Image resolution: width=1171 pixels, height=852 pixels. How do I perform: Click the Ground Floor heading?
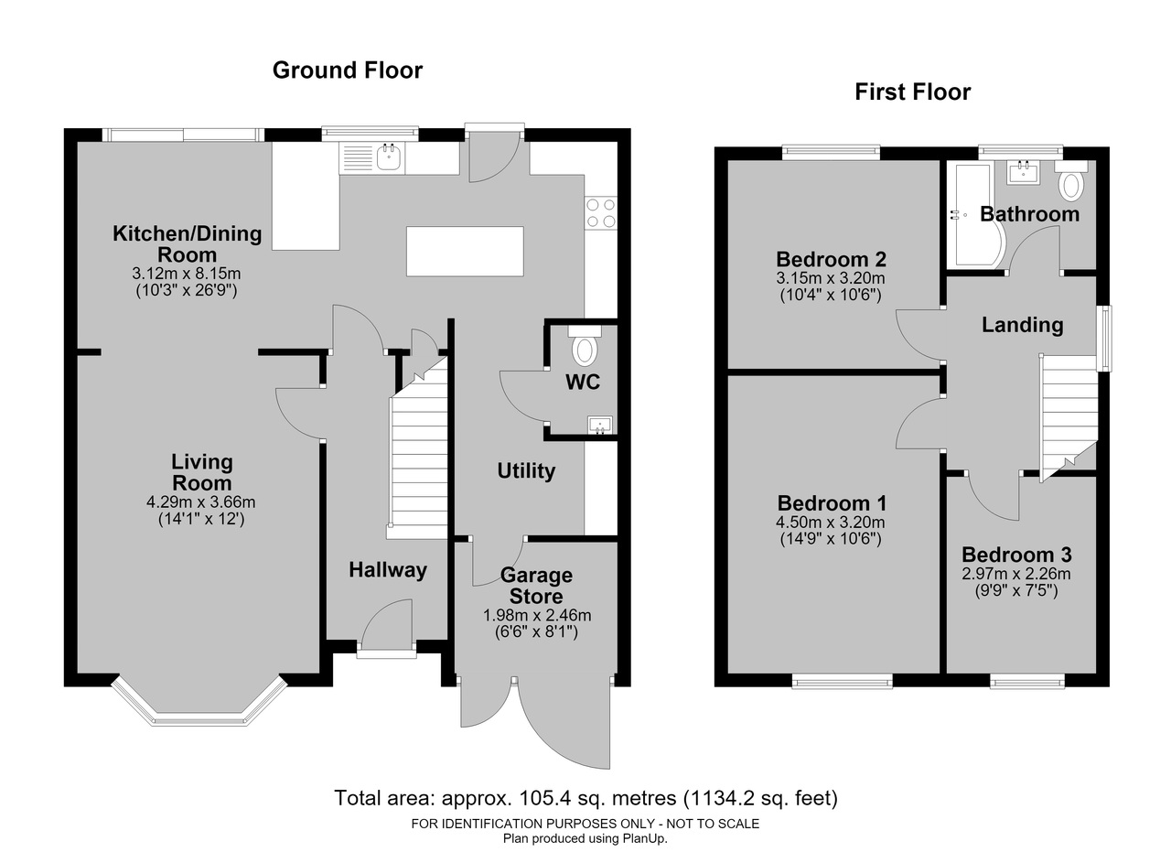point(347,70)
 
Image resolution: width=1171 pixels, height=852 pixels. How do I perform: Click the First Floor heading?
point(912,92)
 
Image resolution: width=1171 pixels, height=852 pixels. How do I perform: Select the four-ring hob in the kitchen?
point(601,213)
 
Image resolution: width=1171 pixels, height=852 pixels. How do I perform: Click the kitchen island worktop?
point(465,251)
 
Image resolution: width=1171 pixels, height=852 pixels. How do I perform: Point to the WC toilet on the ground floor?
point(585,346)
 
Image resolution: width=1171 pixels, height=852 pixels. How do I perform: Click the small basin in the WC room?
point(600,426)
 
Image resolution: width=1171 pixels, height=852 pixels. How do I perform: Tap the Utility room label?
point(526,470)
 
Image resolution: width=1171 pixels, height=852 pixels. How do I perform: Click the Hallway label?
point(387,570)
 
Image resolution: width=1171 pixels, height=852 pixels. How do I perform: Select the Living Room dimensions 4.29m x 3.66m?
point(200,502)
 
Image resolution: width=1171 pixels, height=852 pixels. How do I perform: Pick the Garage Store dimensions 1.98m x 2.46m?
point(537,616)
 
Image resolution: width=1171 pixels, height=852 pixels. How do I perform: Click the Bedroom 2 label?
point(831,259)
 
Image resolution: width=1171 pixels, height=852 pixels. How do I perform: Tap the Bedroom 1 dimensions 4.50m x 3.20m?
point(831,522)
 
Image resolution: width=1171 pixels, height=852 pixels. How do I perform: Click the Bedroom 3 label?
point(1016,555)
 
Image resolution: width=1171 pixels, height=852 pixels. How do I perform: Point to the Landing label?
point(1023,325)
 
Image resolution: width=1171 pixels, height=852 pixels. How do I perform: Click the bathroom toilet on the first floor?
point(1070,181)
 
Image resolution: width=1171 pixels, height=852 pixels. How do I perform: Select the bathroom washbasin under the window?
point(1023,171)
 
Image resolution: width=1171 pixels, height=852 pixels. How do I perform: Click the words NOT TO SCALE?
point(713,824)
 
